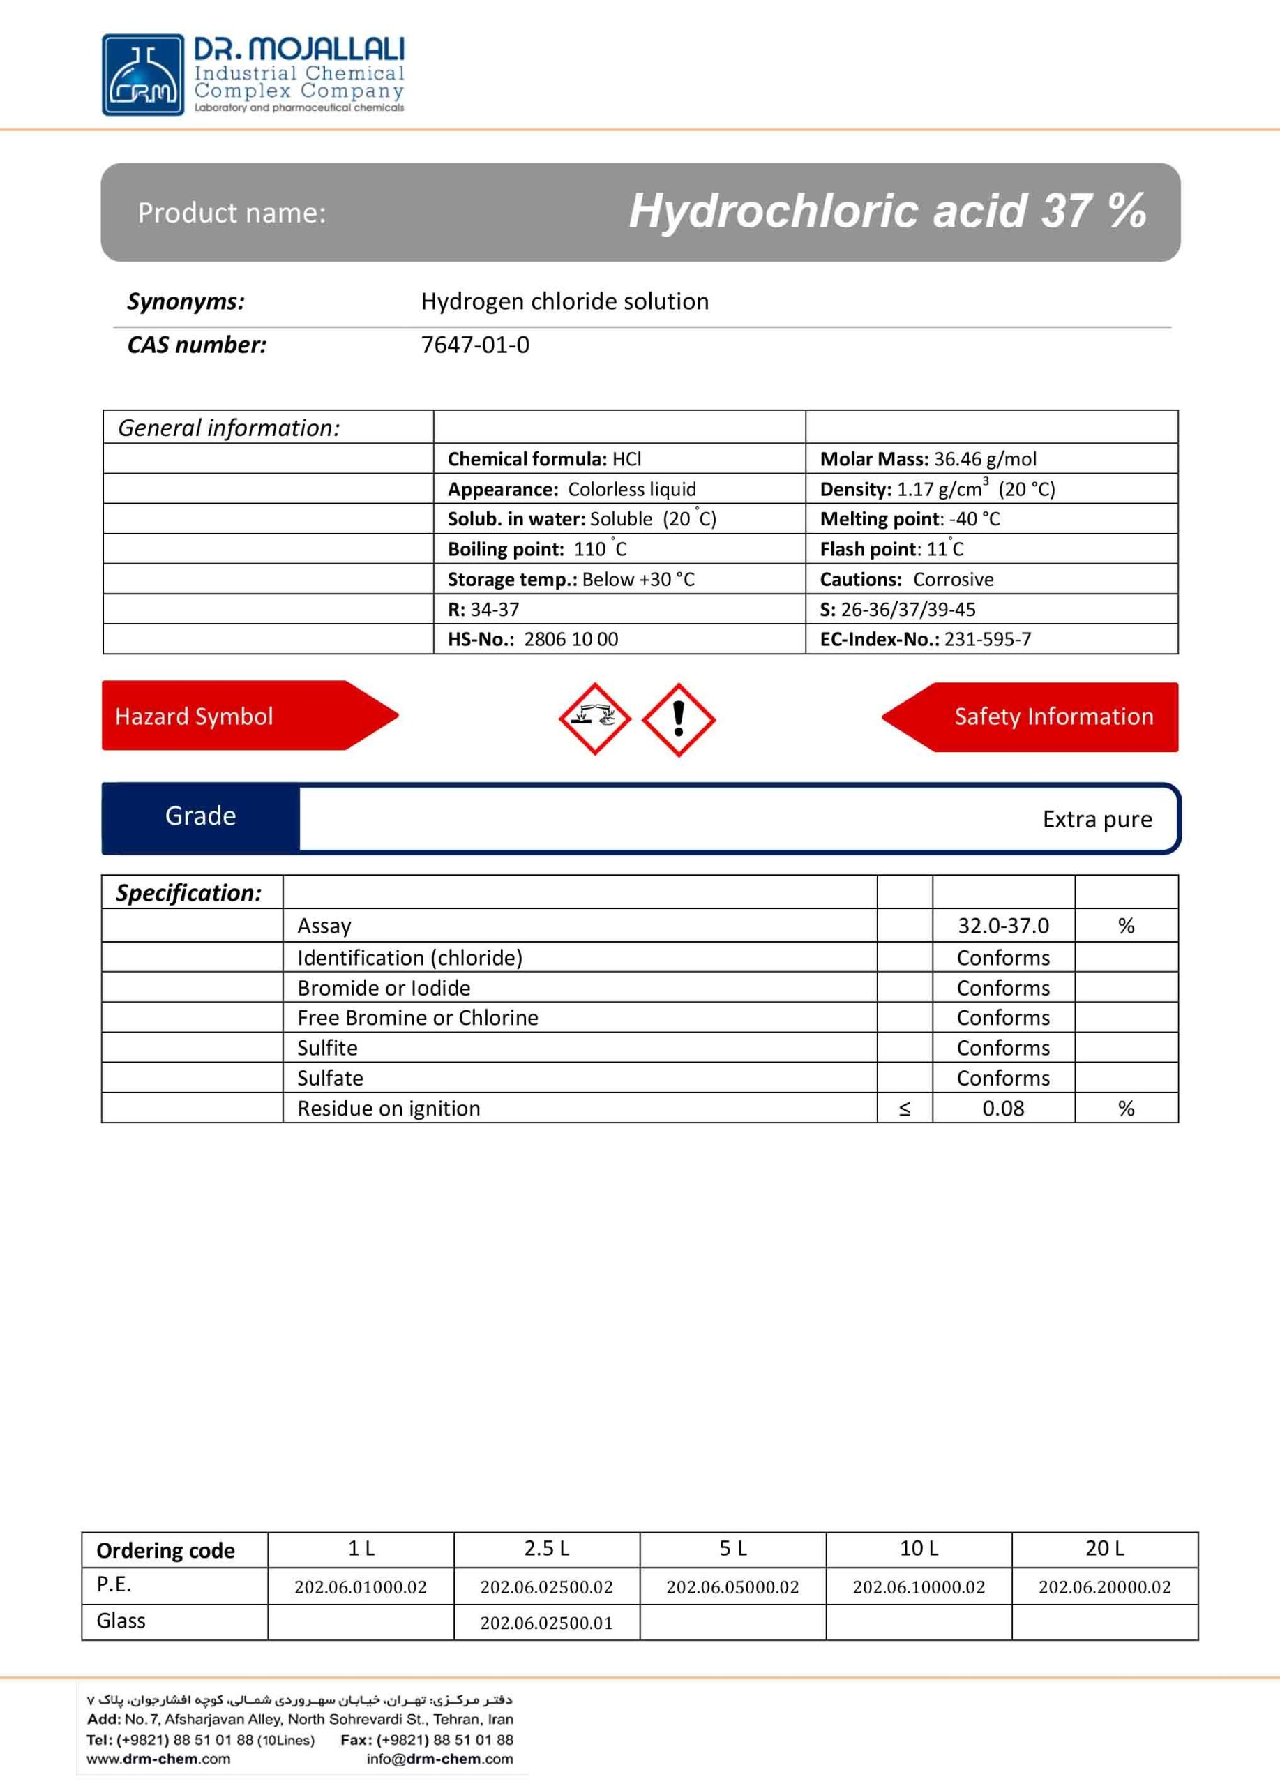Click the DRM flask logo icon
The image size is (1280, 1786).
tap(143, 75)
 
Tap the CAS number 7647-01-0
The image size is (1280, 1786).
tap(475, 345)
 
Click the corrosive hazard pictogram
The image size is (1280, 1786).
tap(594, 718)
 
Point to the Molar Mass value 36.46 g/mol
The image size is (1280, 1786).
tap(985, 459)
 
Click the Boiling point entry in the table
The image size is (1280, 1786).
tap(537, 549)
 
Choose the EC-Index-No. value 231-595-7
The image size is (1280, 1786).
tap(987, 640)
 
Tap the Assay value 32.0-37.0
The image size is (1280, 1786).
tap(1003, 926)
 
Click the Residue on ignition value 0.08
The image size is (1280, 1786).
tap(1003, 1109)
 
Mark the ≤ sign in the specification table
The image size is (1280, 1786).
tap(905, 1109)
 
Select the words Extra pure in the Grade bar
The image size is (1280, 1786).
tap(1097, 820)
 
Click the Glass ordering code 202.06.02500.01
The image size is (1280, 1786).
tap(546, 1623)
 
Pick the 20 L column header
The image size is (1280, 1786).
tap(1104, 1549)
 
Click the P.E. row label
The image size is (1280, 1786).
tap(114, 1585)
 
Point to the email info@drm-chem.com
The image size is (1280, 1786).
tap(439, 1758)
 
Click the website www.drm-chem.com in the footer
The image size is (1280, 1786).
tap(158, 1758)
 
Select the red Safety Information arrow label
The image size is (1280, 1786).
tap(1053, 716)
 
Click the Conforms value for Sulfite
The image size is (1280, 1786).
tap(1003, 1048)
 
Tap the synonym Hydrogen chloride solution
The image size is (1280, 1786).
tap(564, 301)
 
